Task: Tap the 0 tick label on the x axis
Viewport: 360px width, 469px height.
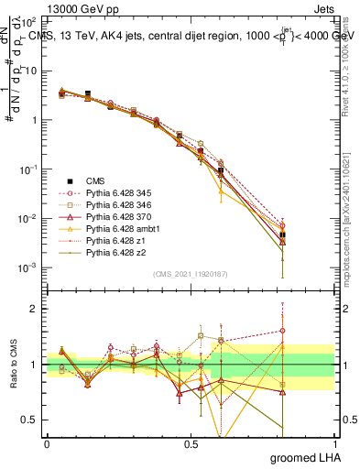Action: pyautogui.click(x=47, y=443)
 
